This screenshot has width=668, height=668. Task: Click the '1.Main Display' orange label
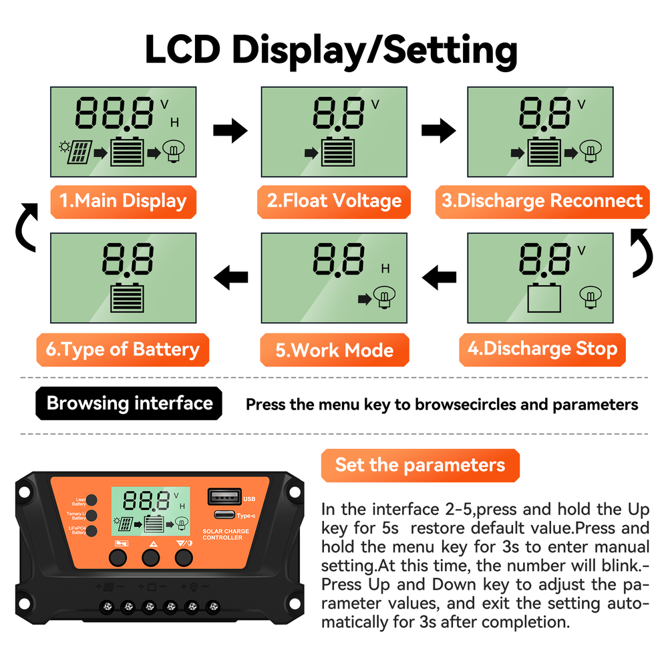coord(124,201)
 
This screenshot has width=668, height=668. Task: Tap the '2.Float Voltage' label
coord(334,201)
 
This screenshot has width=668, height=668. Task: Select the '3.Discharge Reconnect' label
coord(541,201)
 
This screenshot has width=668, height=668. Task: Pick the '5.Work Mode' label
coord(334,350)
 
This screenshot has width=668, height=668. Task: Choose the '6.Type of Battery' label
coord(123,349)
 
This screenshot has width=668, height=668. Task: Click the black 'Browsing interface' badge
coord(129,403)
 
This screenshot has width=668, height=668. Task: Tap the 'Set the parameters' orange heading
coord(420,465)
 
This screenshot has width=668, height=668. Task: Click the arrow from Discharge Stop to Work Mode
coord(440,275)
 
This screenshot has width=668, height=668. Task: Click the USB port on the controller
coord(225,496)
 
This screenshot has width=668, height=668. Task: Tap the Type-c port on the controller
coord(225,515)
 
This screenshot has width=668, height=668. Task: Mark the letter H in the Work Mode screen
coord(385,269)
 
